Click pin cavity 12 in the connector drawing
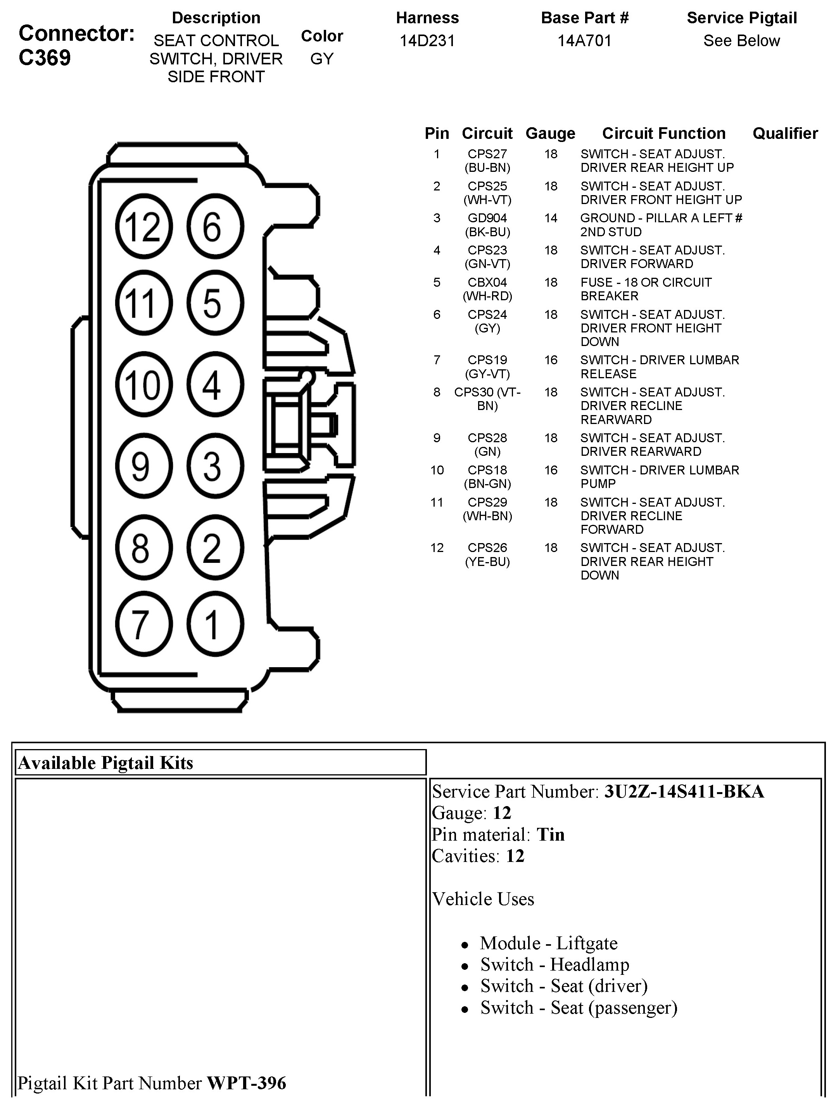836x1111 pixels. click(143, 227)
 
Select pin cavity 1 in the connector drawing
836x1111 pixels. click(214, 624)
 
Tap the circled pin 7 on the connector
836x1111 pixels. click(143, 624)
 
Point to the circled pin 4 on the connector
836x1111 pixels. click(214, 385)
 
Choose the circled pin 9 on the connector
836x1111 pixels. click(143, 466)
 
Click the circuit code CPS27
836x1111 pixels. click(487, 154)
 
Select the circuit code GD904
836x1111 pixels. click(487, 218)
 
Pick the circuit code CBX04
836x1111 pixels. click(487, 283)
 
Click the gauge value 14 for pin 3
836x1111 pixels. click(551, 218)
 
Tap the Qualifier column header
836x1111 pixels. click(785, 133)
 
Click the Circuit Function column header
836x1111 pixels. click(664, 133)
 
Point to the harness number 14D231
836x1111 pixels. click(427, 41)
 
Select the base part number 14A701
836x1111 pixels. click(584, 41)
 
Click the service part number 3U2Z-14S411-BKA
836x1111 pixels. click(684, 792)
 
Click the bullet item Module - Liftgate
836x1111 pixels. click(548, 943)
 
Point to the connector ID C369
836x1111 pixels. click(45, 58)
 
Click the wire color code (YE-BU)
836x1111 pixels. click(487, 562)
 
